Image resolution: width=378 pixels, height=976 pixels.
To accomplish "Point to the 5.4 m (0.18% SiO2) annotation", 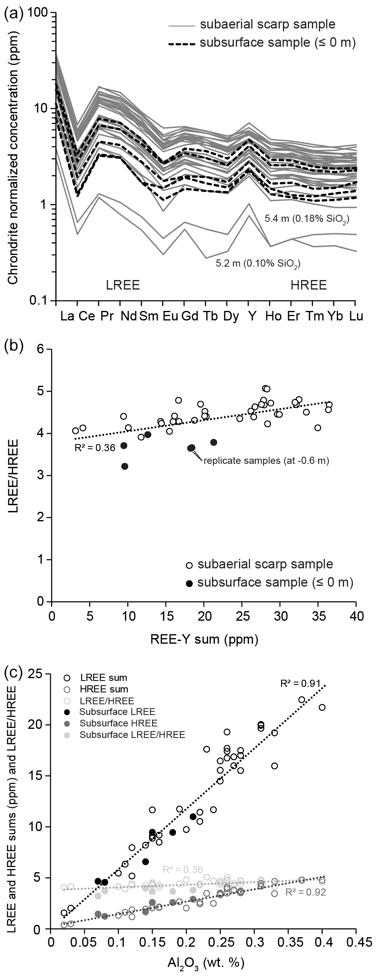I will pyautogui.click(x=307, y=218).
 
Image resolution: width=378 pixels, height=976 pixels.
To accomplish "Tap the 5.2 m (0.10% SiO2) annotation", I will pyautogui.click(x=258, y=263).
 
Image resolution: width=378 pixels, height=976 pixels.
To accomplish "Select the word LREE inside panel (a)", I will pyautogui.click(x=122, y=285).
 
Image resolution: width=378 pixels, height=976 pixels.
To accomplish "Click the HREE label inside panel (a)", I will pyautogui.click(x=308, y=285).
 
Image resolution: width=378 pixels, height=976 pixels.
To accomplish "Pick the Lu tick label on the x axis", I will pyautogui.click(x=356, y=316).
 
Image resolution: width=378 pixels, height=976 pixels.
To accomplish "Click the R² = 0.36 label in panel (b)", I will pyautogui.click(x=95, y=448).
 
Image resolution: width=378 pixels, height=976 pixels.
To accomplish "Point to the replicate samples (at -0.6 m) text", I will pyautogui.click(x=266, y=461).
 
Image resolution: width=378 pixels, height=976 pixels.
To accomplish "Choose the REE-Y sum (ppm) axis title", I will pyautogui.click(x=204, y=639).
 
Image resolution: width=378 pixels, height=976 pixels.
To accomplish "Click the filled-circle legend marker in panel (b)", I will pyautogui.click(x=189, y=583).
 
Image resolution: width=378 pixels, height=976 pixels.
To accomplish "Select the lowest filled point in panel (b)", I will pyautogui.click(x=125, y=466).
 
